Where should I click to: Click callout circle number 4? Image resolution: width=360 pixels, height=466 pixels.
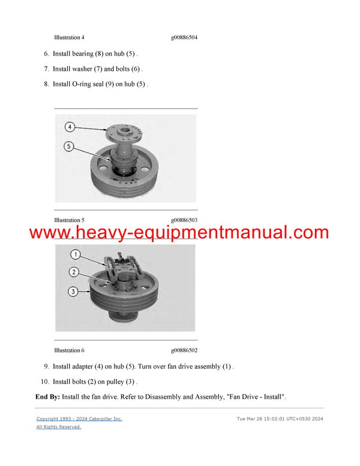[70, 127]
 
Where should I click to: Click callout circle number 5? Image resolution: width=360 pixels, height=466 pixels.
[70, 145]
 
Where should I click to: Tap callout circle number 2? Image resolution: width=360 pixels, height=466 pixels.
[74, 272]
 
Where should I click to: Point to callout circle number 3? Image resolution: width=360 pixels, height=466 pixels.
[74, 292]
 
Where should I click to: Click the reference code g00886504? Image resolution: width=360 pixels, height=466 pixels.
[184, 38]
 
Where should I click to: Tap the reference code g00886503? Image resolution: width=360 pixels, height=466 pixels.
[184, 220]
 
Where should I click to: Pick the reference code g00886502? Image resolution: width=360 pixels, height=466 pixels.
[184, 350]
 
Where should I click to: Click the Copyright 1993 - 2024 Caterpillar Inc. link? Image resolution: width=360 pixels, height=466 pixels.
[79, 419]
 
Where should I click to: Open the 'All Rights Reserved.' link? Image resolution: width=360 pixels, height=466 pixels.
[59, 427]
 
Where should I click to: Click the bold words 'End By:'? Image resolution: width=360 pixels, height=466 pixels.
[53, 397]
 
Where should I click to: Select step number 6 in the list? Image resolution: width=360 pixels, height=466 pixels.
[46, 53]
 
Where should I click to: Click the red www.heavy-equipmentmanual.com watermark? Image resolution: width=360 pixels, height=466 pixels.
[179, 233]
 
